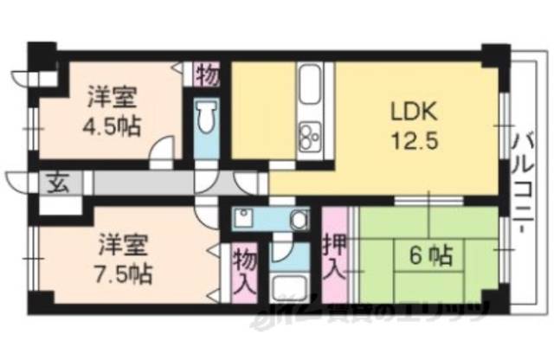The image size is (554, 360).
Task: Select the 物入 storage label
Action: [244, 270]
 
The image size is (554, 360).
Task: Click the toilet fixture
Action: [207, 121]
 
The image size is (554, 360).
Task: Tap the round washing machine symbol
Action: [299, 220]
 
